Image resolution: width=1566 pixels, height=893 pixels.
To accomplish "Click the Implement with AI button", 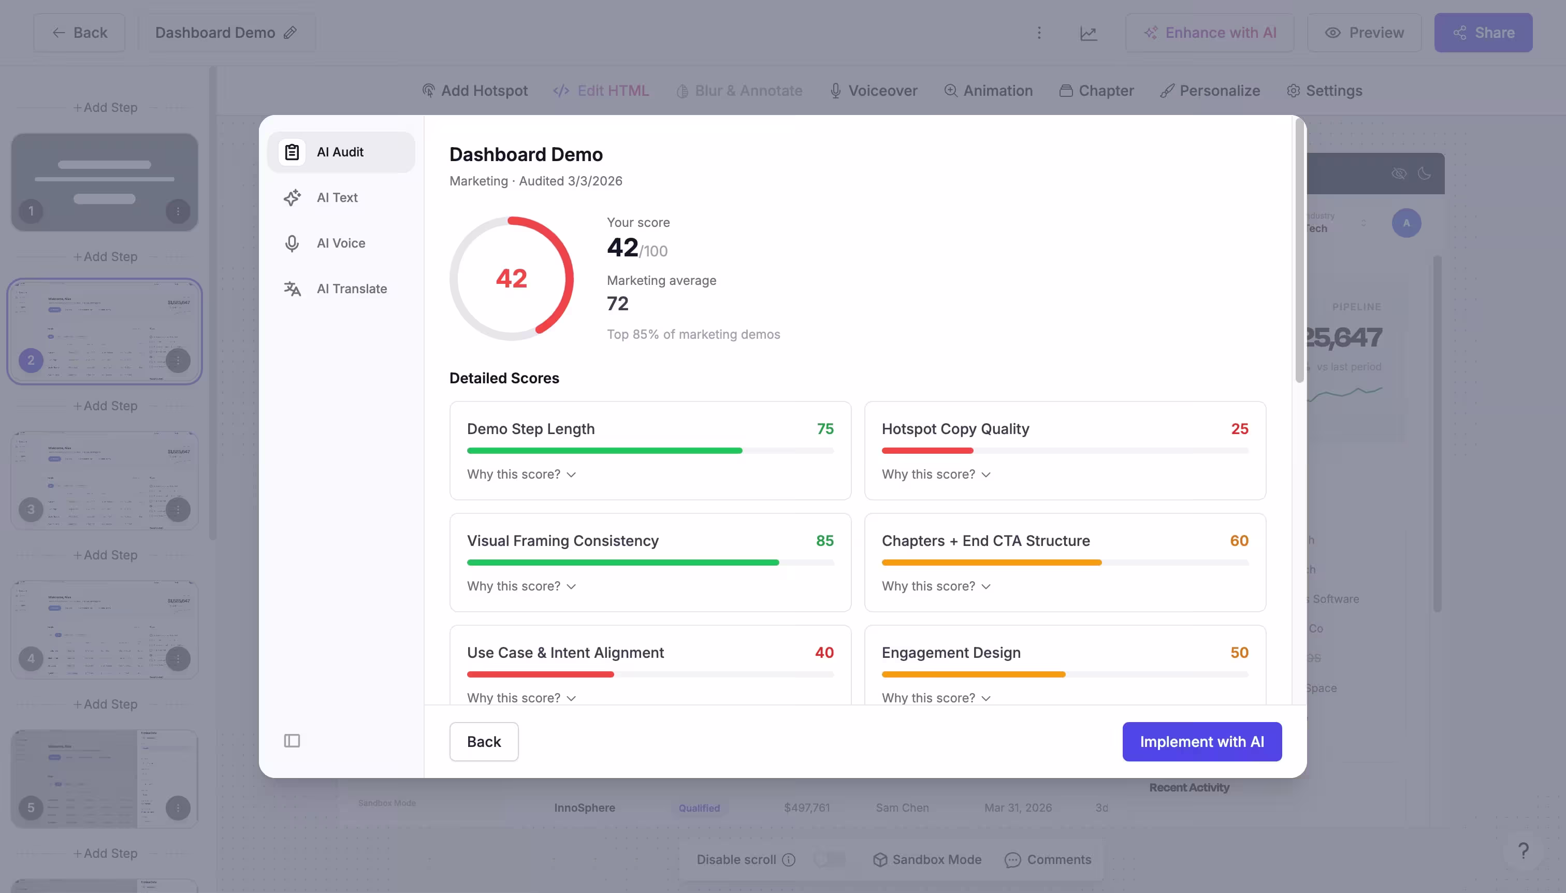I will [x=1201, y=742].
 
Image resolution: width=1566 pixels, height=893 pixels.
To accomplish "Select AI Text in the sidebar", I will [x=337, y=197].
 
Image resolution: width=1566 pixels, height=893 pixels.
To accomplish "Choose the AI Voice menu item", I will [x=340, y=243].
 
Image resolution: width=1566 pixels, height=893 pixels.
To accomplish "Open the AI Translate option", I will [x=351, y=289].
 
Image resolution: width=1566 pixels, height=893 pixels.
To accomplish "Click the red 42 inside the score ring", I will [x=511, y=279].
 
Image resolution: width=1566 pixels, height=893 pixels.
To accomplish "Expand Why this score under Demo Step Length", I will [x=521, y=474].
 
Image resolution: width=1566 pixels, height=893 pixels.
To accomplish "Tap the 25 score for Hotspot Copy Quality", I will [x=1239, y=429].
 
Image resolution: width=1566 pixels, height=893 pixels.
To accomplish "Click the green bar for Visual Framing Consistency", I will [x=622, y=563].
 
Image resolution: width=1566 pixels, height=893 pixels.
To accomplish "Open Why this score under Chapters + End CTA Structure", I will [x=936, y=586].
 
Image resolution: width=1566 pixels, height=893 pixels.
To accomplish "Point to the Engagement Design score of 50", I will [x=1239, y=653].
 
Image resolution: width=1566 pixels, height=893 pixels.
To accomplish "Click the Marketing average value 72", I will [x=617, y=304].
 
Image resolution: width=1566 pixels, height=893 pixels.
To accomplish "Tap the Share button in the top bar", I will [x=1483, y=33].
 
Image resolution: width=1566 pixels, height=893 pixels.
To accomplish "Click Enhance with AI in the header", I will [x=1209, y=33].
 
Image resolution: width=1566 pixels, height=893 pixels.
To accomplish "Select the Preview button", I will [x=1364, y=33].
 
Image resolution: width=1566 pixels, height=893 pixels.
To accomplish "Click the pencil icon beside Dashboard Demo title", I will [x=290, y=33].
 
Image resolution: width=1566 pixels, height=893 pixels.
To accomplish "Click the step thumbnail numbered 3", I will [x=104, y=480].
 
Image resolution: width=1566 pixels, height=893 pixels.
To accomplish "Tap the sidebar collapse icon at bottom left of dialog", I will [x=292, y=741].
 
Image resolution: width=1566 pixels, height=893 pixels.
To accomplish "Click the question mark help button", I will [x=1523, y=850].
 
